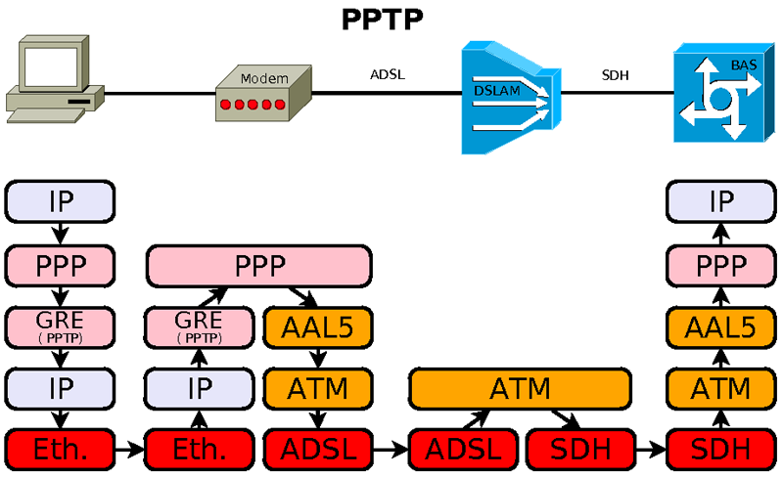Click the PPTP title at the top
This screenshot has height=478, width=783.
pyautogui.click(x=382, y=19)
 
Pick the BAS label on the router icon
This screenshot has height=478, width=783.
pyautogui.click(x=744, y=65)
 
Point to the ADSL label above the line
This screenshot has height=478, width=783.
pyautogui.click(x=388, y=74)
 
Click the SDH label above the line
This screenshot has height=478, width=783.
pyautogui.click(x=616, y=74)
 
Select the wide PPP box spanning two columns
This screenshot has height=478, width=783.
pyautogui.click(x=259, y=265)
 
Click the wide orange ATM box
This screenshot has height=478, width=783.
pyautogui.click(x=518, y=388)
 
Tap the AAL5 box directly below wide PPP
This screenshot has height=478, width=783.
pyautogui.click(x=317, y=326)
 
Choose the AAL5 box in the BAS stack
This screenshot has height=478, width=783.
pyautogui.click(x=721, y=326)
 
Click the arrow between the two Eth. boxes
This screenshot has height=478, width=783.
pyautogui.click(x=129, y=450)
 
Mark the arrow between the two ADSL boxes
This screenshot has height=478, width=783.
pyautogui.click(x=391, y=450)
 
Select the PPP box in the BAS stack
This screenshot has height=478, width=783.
pyautogui.click(x=721, y=265)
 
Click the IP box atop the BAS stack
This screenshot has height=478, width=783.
pyautogui.click(x=721, y=201)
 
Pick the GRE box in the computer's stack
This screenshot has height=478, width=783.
pyautogui.click(x=60, y=326)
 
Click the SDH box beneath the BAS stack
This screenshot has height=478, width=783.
pyautogui.click(x=721, y=450)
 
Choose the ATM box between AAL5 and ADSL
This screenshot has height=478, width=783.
pyautogui.click(x=317, y=388)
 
